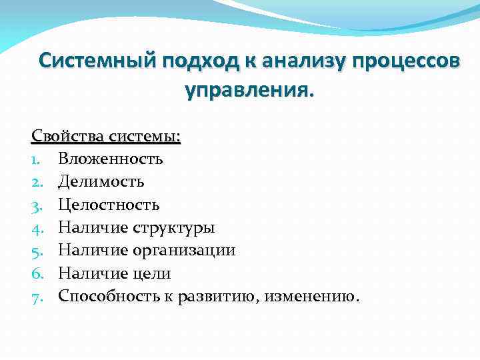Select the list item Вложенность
coord(110,159)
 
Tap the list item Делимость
coord(101,181)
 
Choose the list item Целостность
coord(109,205)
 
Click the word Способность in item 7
coord(106,296)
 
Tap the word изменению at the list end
coord(311,296)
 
